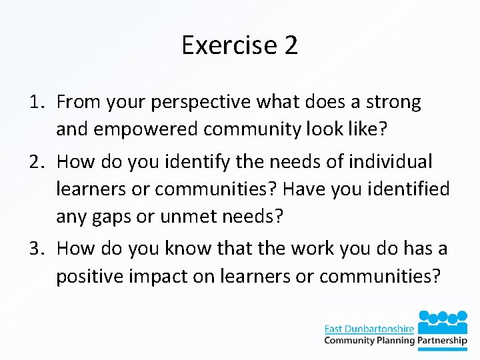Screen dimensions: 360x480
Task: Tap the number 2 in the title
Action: pyautogui.click(x=291, y=45)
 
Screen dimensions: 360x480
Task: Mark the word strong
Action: pyautogui.click(x=394, y=103)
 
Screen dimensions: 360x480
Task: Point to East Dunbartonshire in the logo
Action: pyautogui.click(x=369, y=329)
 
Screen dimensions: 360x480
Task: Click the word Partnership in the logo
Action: pyautogui.click(x=443, y=341)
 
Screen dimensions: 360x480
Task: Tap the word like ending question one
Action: pyautogui.click(x=367, y=129)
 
